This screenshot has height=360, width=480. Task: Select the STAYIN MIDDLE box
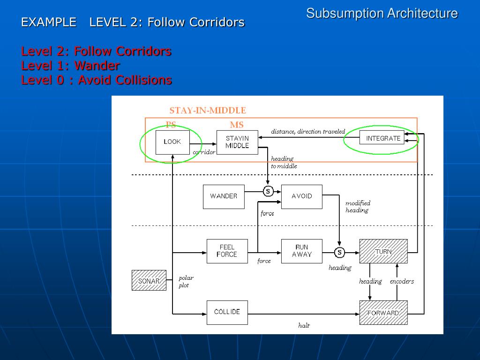pyautogui.click(x=237, y=142)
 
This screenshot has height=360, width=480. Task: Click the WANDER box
pyautogui.click(x=224, y=197)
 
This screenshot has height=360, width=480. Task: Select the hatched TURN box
pyautogui.click(x=383, y=251)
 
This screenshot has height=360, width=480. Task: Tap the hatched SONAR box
pyautogui.click(x=149, y=280)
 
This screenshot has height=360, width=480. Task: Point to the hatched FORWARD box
pyautogui.click(x=383, y=313)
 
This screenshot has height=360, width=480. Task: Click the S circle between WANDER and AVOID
pyautogui.click(x=268, y=192)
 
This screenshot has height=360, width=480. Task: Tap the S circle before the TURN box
pyautogui.click(x=339, y=253)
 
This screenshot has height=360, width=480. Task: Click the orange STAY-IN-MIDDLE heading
pyautogui.click(x=208, y=111)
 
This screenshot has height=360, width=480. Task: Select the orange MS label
pyautogui.click(x=237, y=125)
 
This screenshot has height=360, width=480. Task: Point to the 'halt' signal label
pyautogui.click(x=304, y=325)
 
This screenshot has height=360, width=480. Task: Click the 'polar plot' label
pyautogui.click(x=186, y=282)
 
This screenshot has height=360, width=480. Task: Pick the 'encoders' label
pyautogui.click(x=402, y=281)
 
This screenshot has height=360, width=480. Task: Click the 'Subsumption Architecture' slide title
pyautogui.click(x=382, y=14)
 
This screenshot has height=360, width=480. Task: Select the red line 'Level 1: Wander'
pyautogui.click(x=70, y=66)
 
